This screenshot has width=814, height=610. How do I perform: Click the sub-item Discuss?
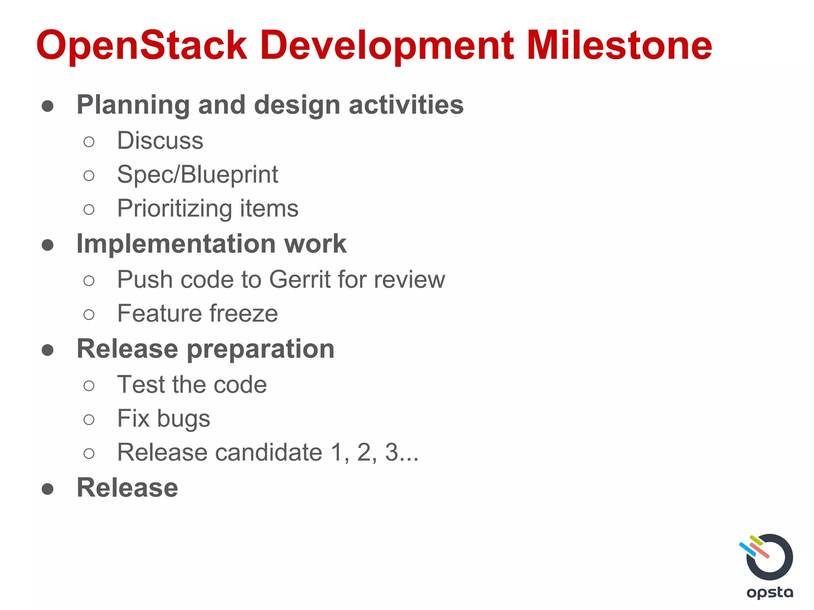[160, 141]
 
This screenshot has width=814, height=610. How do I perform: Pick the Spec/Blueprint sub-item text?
[198, 174]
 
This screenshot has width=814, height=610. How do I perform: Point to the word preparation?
[260, 349]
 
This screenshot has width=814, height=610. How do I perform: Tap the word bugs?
[183, 419]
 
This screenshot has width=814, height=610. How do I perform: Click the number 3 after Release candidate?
[391, 452]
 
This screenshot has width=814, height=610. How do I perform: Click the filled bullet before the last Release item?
[48, 489]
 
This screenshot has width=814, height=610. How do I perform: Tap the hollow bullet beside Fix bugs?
[89, 419]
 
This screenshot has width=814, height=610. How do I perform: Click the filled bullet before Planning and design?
[48, 106]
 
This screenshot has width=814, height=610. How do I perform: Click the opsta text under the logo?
[769, 593]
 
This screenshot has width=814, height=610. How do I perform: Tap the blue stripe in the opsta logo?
[747, 549]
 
